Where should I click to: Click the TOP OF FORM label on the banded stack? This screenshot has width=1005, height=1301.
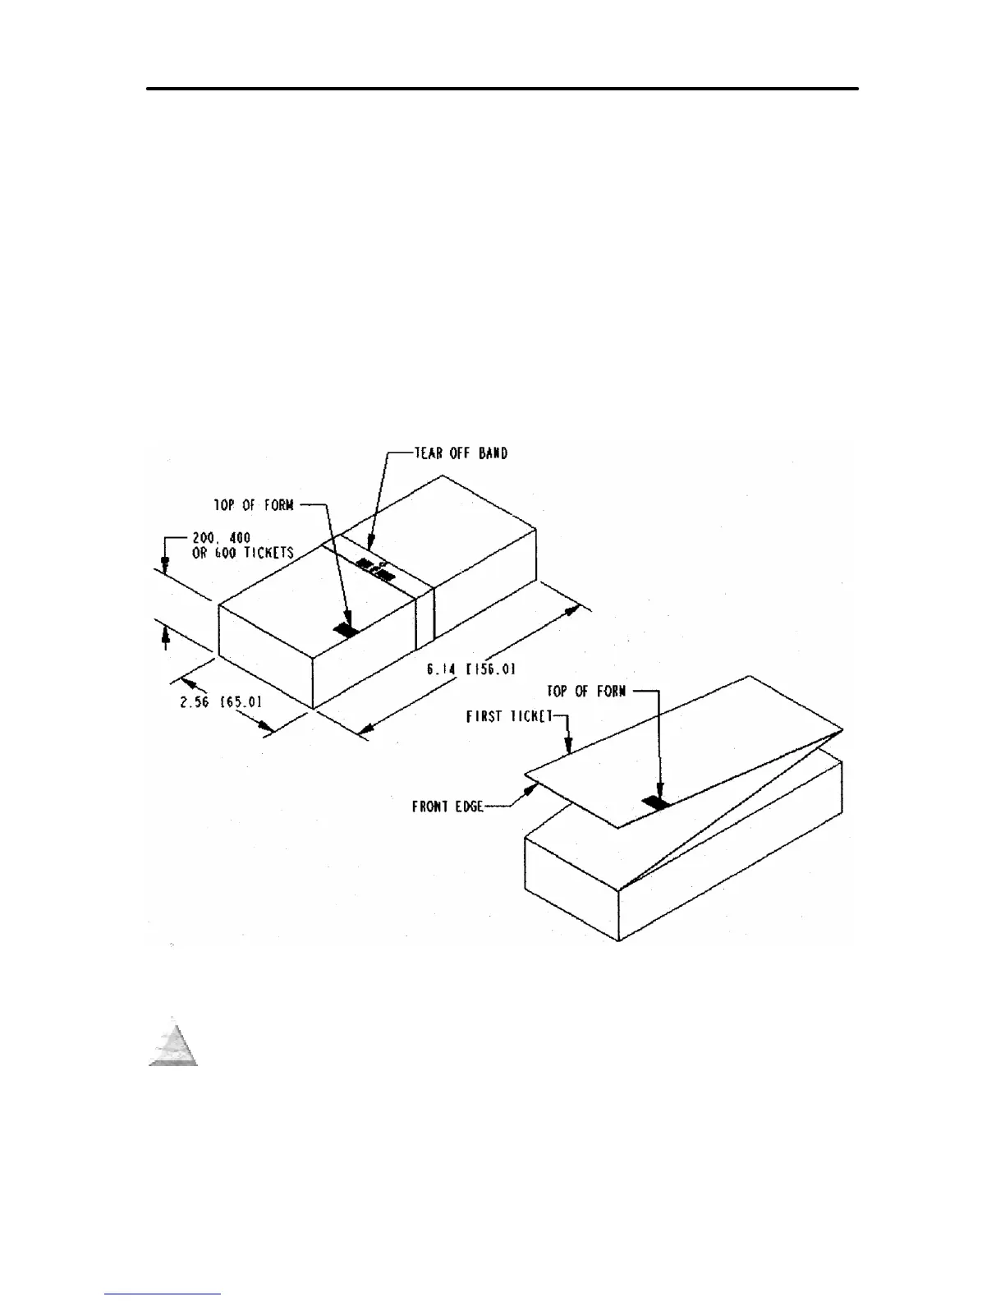tap(254, 505)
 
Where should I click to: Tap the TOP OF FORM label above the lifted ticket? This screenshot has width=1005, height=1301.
tap(587, 691)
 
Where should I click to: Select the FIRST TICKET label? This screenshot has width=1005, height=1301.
tap(511, 717)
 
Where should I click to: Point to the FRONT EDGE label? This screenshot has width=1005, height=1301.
tap(447, 807)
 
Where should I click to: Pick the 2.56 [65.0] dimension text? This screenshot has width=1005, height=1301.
tap(221, 702)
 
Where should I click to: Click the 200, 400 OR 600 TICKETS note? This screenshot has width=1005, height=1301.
tap(242, 545)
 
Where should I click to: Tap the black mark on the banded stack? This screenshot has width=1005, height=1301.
tap(346, 631)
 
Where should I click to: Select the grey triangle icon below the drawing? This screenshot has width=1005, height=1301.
tap(173, 1044)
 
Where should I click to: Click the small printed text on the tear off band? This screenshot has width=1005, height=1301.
tap(376, 568)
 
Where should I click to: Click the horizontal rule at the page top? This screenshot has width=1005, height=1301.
tap(502, 88)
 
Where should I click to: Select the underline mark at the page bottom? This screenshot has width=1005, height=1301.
tap(163, 1294)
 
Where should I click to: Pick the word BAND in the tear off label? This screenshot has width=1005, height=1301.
tap(491, 453)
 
